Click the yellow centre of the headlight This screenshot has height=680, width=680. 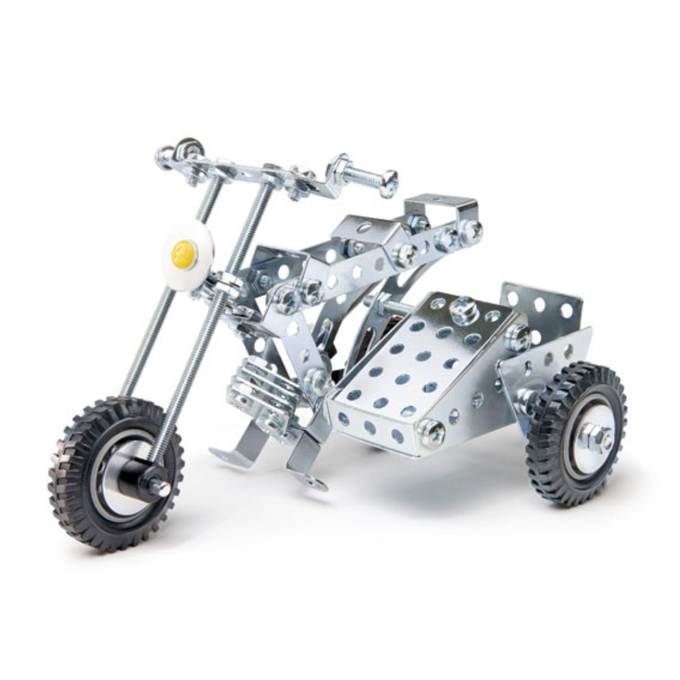(x=182, y=252)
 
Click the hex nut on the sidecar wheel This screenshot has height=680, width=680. (x=596, y=436)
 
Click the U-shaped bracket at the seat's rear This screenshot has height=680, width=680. (x=441, y=205)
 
